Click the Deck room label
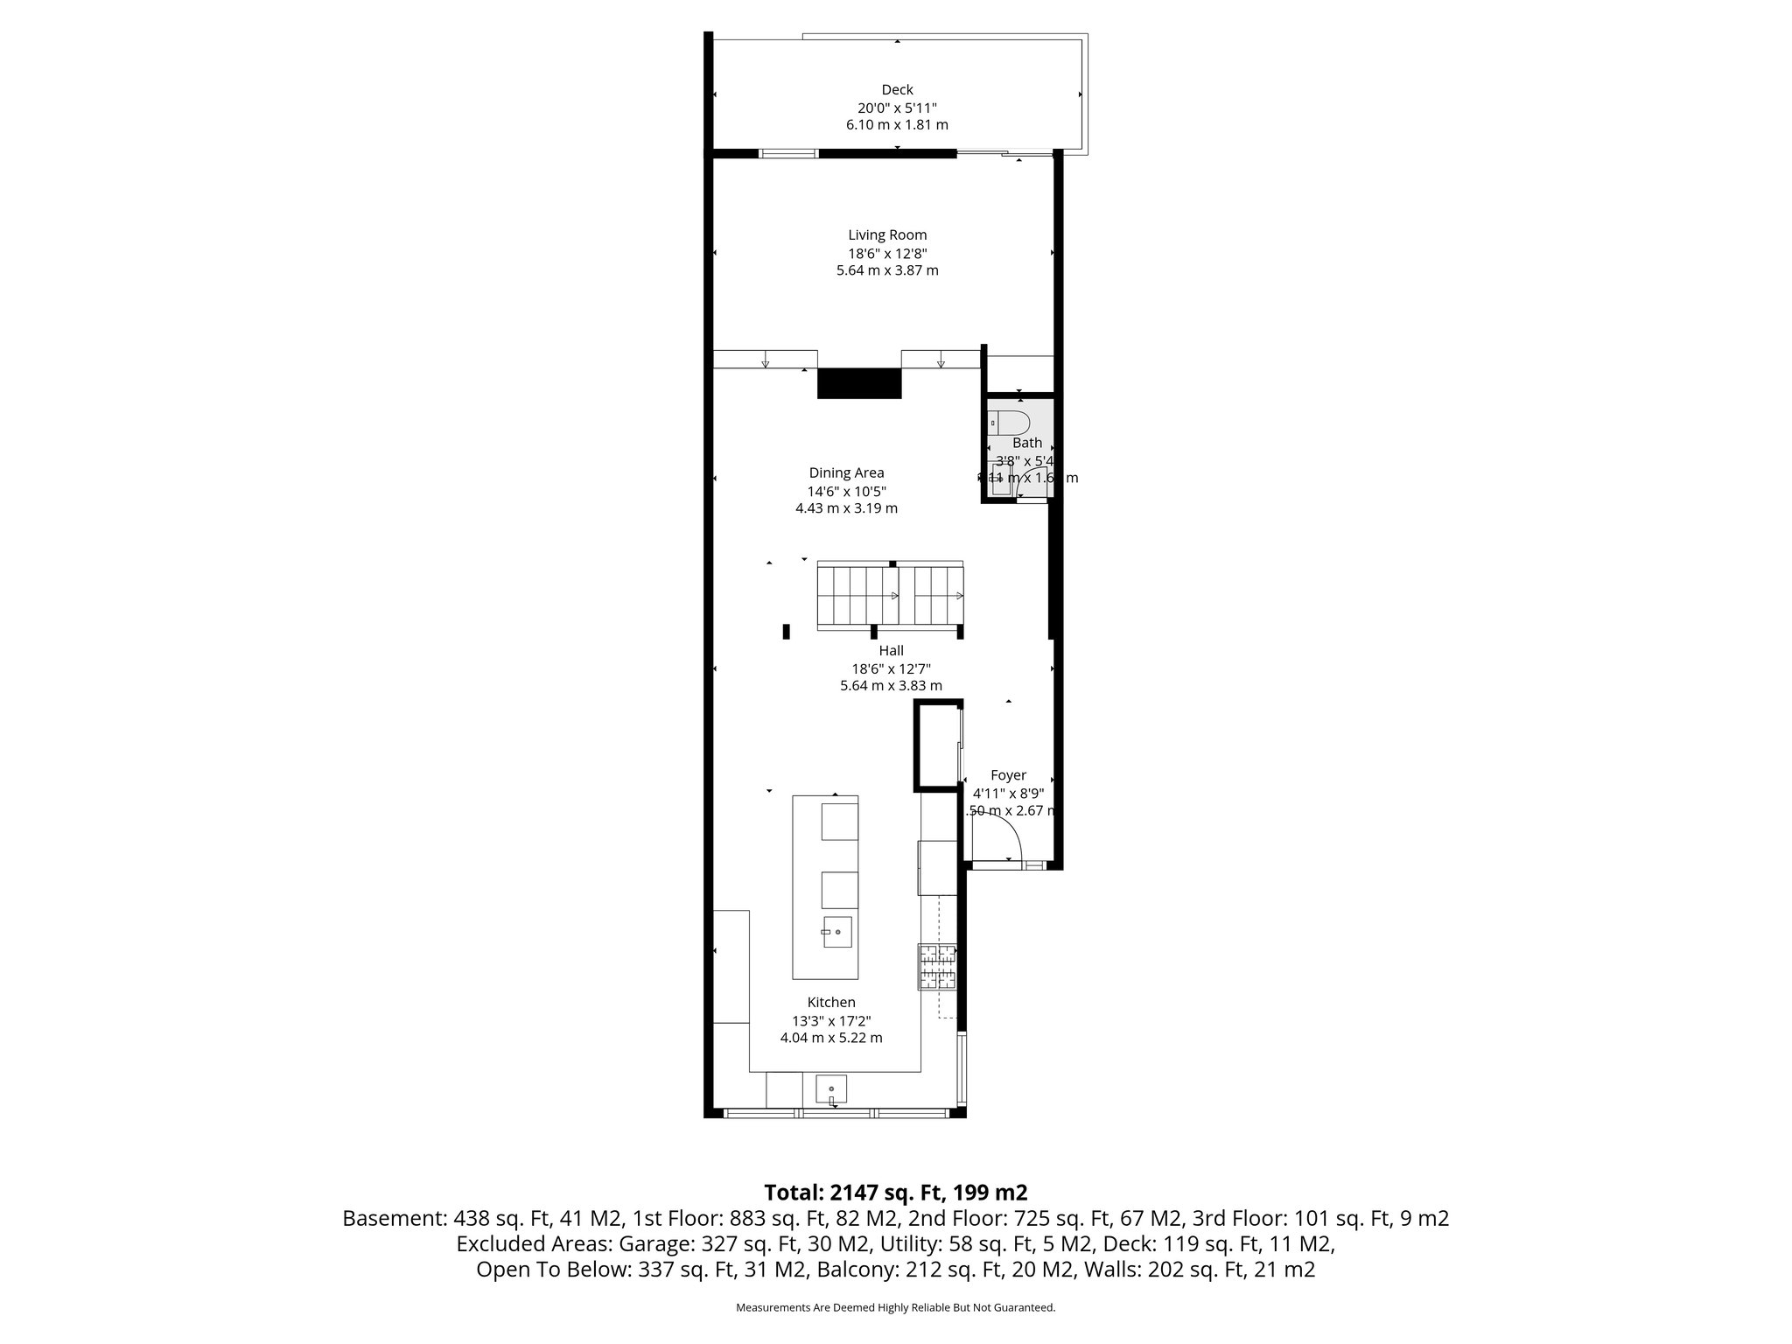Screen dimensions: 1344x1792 pos(897,89)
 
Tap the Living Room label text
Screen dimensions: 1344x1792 pos(887,234)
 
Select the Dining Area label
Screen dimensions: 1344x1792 pos(846,472)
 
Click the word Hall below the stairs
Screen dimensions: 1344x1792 pos(891,650)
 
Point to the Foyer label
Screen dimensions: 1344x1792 pos(1008,775)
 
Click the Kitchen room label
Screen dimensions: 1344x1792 pos(831,1002)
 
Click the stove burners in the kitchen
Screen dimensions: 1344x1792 pos(937,967)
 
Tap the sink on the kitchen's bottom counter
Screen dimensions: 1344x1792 pos(831,1089)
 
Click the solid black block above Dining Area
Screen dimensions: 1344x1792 pos(858,383)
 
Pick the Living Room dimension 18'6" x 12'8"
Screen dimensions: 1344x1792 pos(887,253)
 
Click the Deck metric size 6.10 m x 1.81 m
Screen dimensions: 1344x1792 pos(897,125)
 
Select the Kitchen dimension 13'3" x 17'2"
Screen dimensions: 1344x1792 pos(831,1020)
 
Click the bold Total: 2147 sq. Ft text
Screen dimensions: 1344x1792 pos(895,1192)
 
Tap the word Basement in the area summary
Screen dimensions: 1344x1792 pos(393,1218)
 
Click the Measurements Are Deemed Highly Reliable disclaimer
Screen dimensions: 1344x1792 pos(895,1308)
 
